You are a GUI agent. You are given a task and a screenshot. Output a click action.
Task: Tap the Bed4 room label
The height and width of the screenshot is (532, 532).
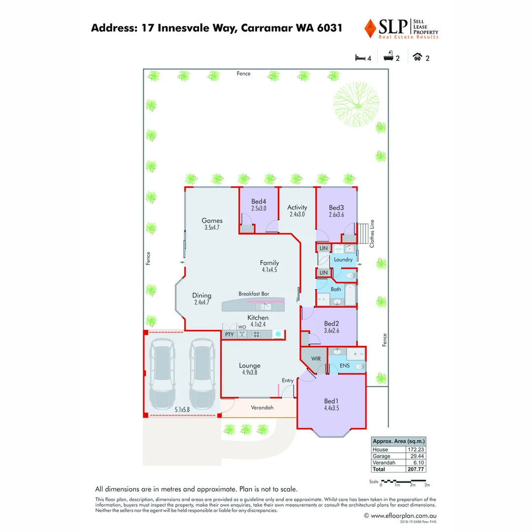[x=258, y=201]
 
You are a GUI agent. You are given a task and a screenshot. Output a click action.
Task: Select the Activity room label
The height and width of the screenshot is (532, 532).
[x=297, y=207]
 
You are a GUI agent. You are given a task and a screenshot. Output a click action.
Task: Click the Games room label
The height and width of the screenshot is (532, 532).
[x=212, y=221]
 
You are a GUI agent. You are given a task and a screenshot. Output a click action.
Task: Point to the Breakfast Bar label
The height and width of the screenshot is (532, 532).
[x=254, y=294]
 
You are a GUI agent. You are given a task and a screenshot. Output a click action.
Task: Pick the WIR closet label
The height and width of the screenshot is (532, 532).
[x=316, y=359]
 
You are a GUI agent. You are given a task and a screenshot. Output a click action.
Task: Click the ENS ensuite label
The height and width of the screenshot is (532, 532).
[x=344, y=366]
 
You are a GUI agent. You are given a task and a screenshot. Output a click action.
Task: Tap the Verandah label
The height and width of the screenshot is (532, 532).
[x=262, y=407]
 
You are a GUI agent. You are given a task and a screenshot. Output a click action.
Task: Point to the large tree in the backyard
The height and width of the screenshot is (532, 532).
[x=357, y=103]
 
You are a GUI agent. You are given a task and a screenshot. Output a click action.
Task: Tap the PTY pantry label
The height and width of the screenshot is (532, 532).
[x=229, y=334]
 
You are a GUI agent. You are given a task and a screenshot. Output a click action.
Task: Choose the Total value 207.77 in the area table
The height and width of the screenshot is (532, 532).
[x=416, y=469]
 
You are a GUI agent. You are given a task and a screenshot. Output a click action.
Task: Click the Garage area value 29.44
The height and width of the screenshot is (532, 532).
[x=416, y=456]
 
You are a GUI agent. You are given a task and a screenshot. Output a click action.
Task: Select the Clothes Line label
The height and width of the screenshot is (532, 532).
[x=372, y=233]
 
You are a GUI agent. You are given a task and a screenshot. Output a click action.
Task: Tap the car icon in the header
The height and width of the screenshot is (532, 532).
[x=418, y=57]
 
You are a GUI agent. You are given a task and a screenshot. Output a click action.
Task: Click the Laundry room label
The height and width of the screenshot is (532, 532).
[x=343, y=260]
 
